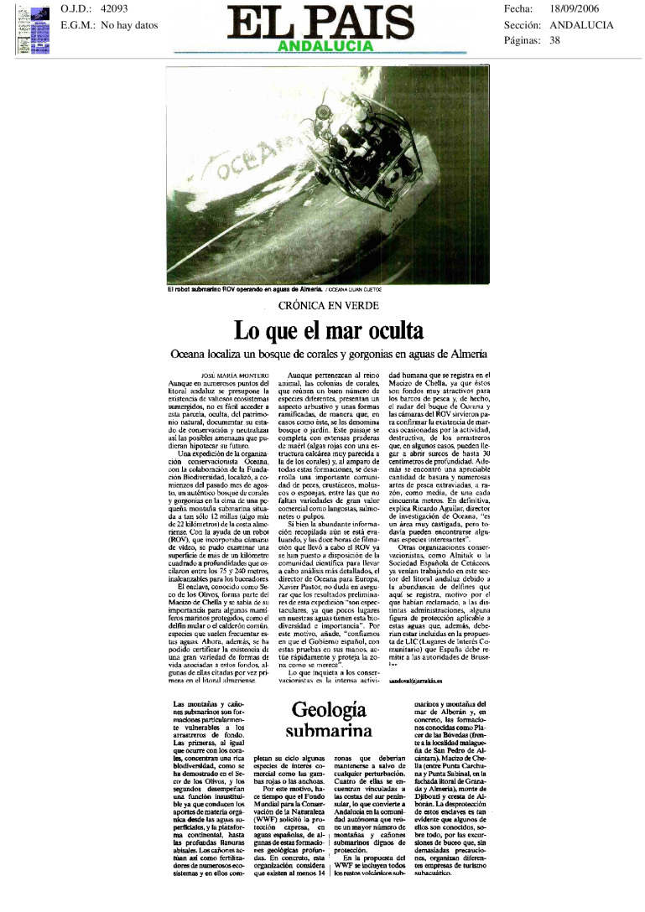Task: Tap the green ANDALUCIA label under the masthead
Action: click(322, 45)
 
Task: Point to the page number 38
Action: click(555, 40)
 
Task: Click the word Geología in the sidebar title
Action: click(329, 710)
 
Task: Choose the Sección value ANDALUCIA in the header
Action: click(582, 25)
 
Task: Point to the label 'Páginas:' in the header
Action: click(523, 40)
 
